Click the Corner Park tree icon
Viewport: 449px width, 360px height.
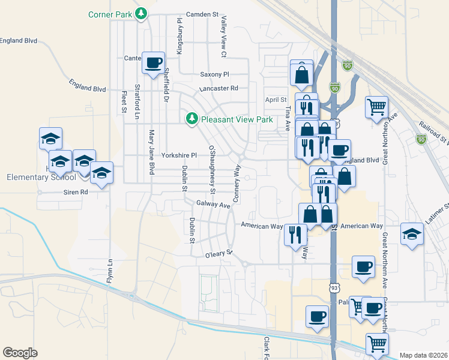141,13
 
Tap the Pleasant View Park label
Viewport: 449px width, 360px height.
237,119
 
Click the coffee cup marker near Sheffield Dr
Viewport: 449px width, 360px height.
152,62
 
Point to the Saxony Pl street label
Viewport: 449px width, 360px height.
214,74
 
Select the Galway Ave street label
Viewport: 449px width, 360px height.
213,205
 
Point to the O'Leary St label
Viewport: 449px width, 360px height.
218,253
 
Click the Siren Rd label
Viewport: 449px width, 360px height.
76,192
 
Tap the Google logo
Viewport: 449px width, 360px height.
20,352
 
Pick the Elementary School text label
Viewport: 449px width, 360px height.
41,177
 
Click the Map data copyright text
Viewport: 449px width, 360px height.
423,355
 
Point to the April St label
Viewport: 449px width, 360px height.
277,100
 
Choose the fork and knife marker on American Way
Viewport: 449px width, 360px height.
295,233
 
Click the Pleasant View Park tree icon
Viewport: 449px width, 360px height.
192,119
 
